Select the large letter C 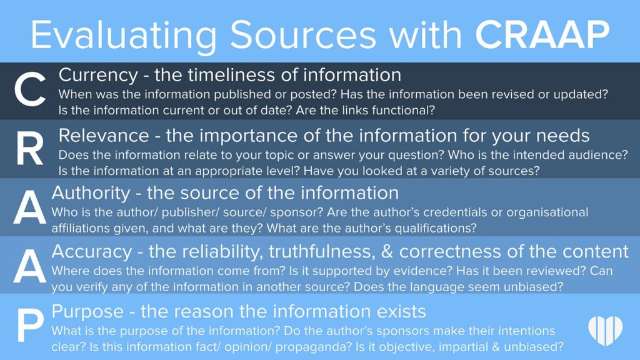coord(29,92)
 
